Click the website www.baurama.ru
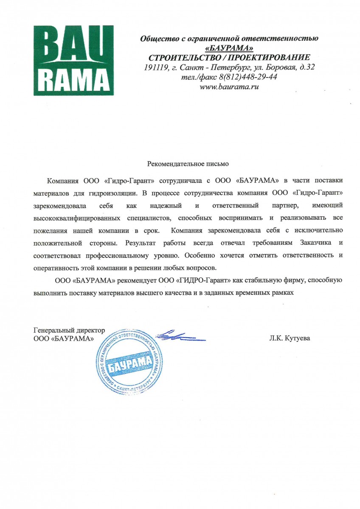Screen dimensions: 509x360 coord(229,87)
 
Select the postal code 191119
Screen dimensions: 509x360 coord(155,67)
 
